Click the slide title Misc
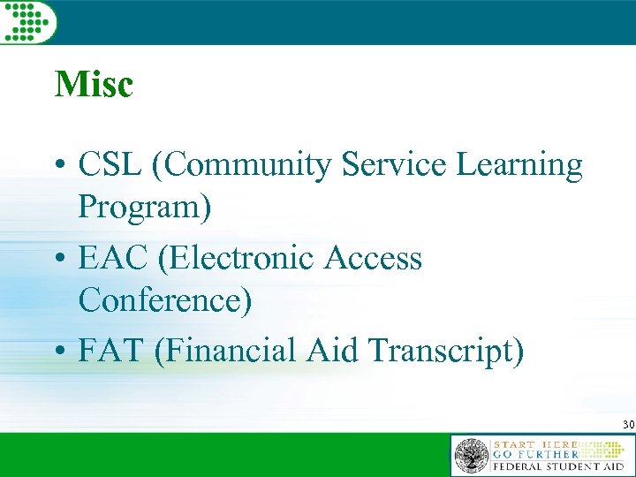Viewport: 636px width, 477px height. coord(94,85)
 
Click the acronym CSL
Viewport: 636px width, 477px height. coord(110,165)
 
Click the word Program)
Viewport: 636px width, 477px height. coord(145,208)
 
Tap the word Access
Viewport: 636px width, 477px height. coord(374,259)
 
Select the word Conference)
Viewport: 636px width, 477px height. coord(165,301)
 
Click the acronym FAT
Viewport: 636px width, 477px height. coord(110,351)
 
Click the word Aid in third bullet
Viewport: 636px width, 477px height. coord(331,351)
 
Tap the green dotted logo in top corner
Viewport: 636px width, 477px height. coord(28,21)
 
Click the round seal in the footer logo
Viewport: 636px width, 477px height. coord(471,456)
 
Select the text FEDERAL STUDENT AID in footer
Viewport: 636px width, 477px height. coord(559,466)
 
